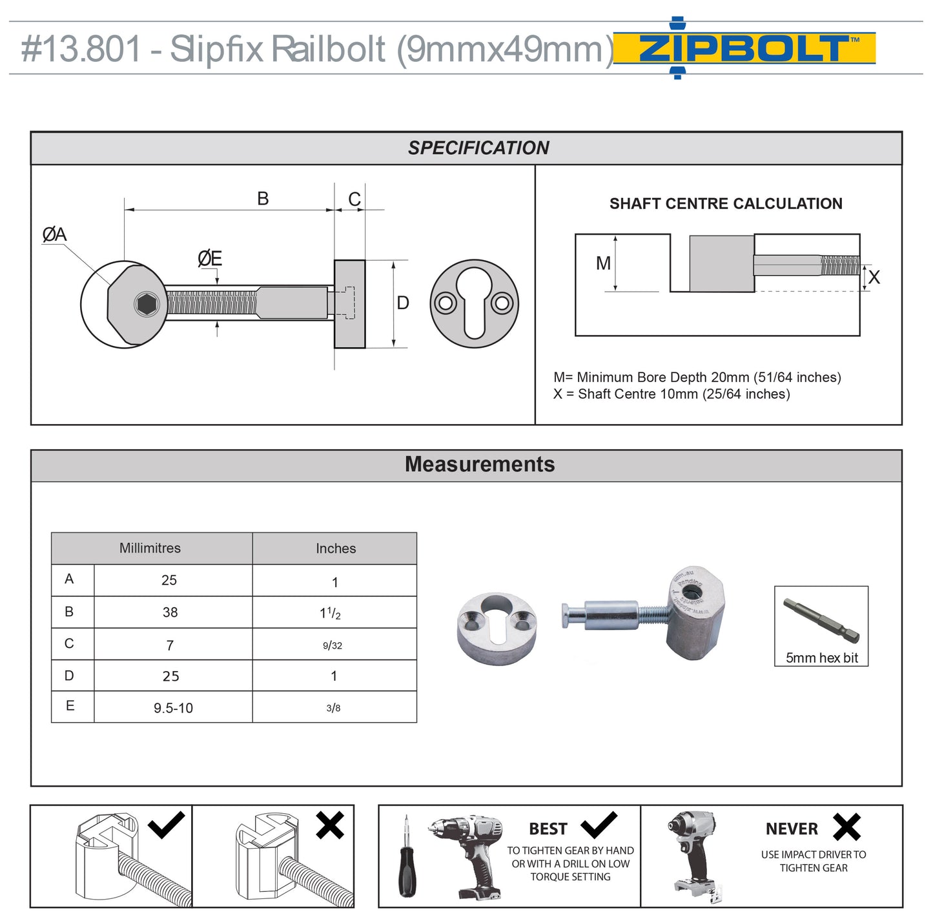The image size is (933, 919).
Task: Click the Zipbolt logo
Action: coord(744,48)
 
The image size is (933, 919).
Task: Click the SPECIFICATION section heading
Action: coord(478,148)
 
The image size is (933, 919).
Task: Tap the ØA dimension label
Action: coord(54,234)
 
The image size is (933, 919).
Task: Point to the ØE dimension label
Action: coord(210,259)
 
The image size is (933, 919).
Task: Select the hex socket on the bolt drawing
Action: coord(147,303)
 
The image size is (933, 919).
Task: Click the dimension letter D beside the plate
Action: coord(403,303)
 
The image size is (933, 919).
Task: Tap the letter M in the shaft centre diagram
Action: coord(603,263)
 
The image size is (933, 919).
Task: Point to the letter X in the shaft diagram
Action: coord(874,278)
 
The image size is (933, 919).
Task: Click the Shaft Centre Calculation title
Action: coord(726,204)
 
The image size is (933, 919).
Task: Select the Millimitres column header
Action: coord(150,548)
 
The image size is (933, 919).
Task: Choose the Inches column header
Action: coord(336,549)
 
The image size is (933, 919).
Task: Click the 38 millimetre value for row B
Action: coord(170,612)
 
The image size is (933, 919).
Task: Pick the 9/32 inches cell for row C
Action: coord(333,645)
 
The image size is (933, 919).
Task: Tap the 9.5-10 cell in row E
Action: coord(173,708)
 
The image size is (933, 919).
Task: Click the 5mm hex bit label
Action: coord(821,658)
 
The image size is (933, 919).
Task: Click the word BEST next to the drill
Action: coord(548,829)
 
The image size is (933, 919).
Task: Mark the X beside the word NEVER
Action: coord(846,827)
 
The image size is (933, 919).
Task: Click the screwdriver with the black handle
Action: coord(407,858)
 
